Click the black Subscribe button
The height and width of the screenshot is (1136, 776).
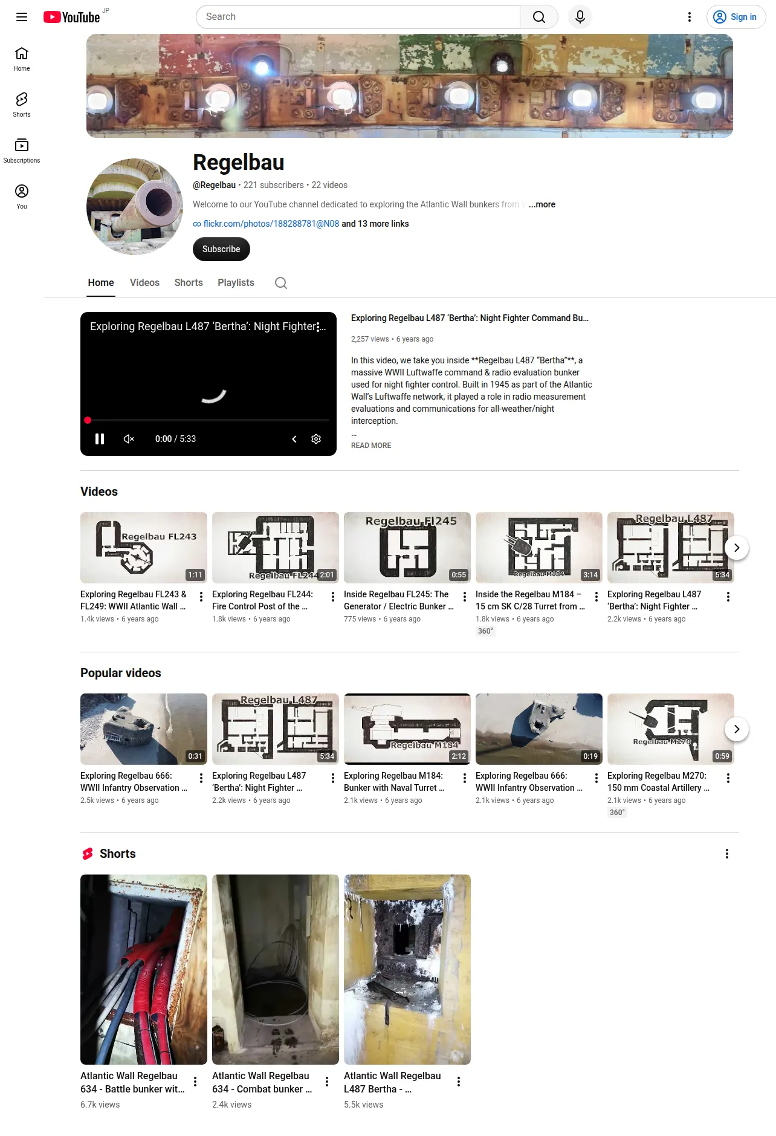pos(221,249)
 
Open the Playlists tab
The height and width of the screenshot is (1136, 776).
pos(236,283)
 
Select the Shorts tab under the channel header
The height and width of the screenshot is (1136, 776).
pos(189,283)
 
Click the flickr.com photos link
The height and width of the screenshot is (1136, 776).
pos(271,224)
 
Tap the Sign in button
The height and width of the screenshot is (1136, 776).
pos(736,17)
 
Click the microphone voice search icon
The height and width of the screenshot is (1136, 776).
pos(580,17)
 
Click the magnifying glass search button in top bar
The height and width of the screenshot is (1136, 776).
pos(539,17)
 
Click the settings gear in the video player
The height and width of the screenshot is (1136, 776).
pos(316,439)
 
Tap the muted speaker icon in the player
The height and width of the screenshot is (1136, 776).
pos(129,439)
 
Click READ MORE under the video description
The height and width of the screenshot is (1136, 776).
pos(371,446)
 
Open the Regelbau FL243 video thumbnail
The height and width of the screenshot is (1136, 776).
pos(144,548)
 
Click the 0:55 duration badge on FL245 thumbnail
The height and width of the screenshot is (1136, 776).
pos(459,575)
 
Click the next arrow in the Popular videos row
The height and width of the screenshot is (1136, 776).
pos(737,729)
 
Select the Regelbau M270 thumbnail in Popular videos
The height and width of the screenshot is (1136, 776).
pos(671,729)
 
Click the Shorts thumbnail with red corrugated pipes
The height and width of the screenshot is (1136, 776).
pos(144,969)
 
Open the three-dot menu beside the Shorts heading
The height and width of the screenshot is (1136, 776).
pos(727,854)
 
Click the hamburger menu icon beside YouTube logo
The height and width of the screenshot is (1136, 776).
pos(22,17)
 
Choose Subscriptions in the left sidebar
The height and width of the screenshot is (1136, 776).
pos(22,151)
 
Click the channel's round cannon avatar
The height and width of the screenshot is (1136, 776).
pos(135,207)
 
